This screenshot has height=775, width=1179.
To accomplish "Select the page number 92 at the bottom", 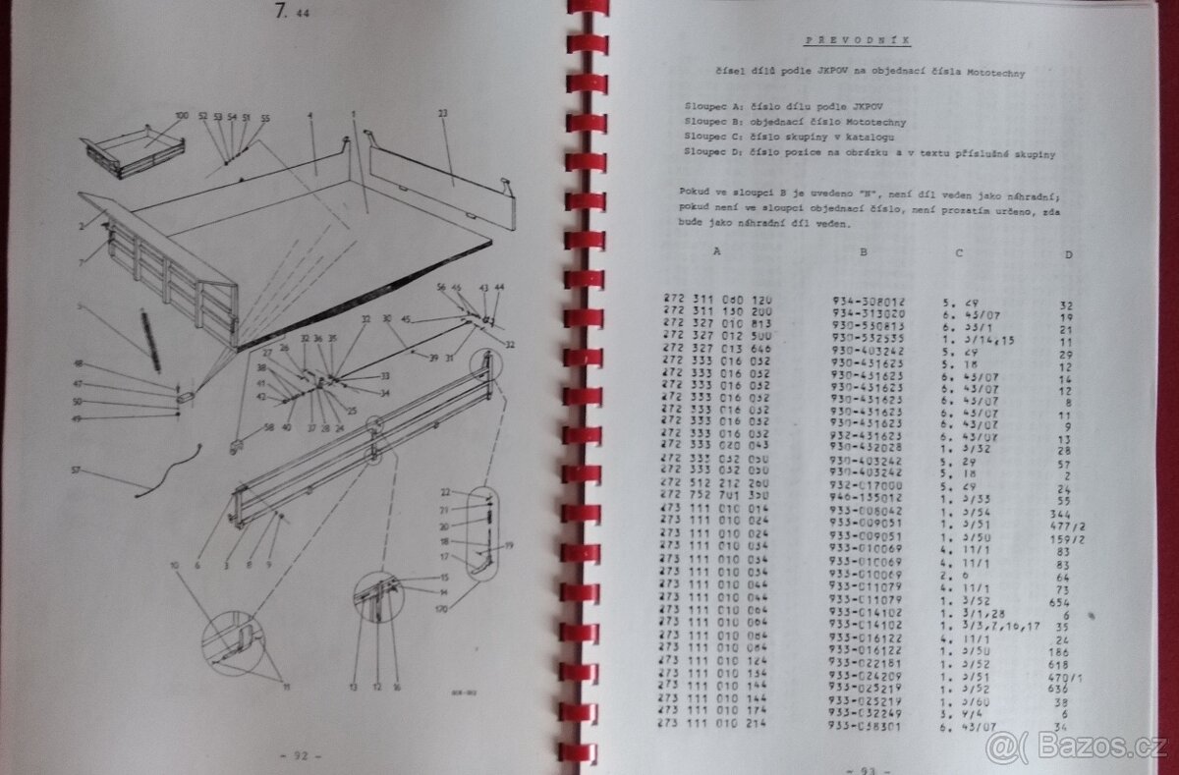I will pyautogui.click(x=296, y=756).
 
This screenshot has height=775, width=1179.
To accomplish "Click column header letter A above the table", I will pyautogui.click(x=716, y=250).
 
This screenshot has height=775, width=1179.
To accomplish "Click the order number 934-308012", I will pyautogui.click(x=868, y=304).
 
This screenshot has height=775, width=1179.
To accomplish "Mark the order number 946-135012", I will pyautogui.click(x=868, y=498).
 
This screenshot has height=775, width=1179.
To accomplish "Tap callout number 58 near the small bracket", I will pyautogui.click(x=268, y=429).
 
